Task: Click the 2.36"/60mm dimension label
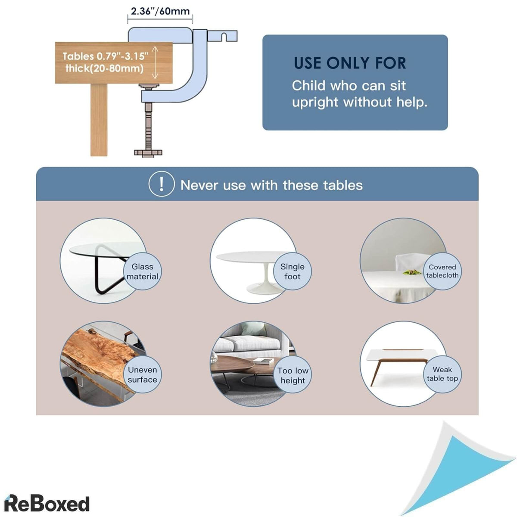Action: [160, 11]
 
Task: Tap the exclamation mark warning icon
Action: [161, 184]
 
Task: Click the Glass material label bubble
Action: [142, 272]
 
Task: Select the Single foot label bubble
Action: [293, 272]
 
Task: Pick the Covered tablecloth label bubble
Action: [442, 271]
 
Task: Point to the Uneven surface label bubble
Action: [142, 374]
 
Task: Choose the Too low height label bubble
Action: [293, 375]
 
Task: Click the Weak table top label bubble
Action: [442, 374]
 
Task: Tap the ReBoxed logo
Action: [47, 503]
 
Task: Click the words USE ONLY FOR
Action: [350, 63]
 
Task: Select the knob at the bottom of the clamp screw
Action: [148, 152]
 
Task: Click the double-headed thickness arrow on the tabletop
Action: [156, 63]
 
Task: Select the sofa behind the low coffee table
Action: [250, 340]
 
